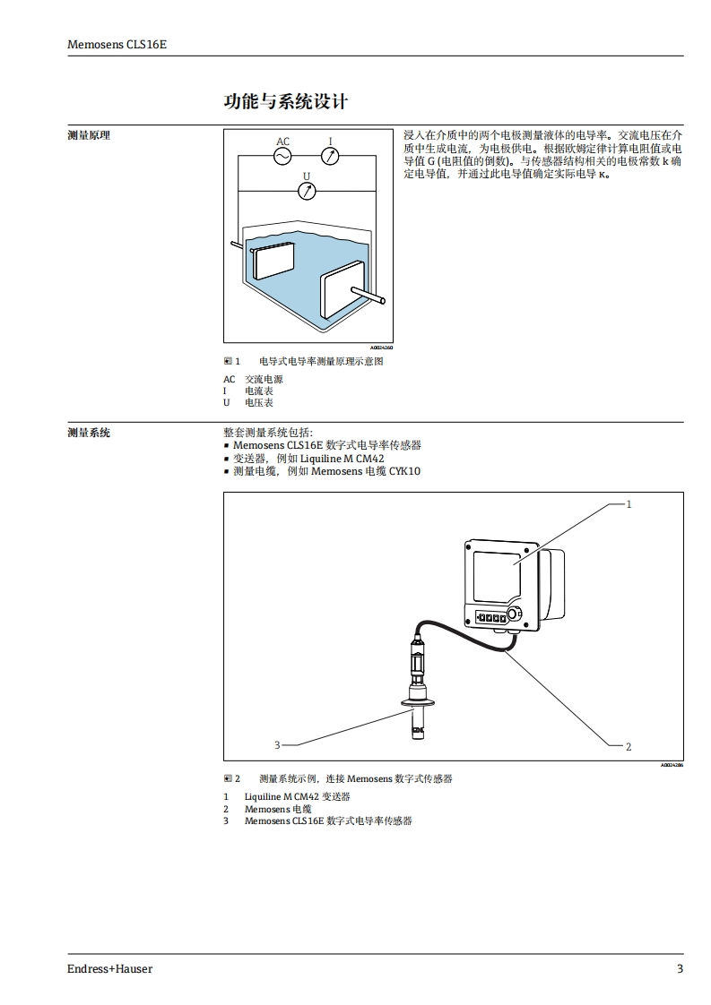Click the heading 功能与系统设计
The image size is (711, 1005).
tap(286, 101)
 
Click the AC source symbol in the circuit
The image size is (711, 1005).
tap(282, 156)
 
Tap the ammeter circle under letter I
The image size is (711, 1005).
tap(331, 156)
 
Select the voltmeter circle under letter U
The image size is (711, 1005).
tap(307, 190)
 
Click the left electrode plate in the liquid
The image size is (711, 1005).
tap(273, 260)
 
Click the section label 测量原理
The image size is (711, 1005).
tap(89, 135)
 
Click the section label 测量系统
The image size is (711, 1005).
tap(89, 433)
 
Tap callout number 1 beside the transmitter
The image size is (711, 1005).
tap(629, 504)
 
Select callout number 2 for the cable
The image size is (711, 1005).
tap(629, 746)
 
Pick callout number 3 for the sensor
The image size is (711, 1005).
tap(277, 744)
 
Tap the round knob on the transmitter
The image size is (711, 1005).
tap(515, 614)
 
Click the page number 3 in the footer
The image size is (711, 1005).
tap(680, 969)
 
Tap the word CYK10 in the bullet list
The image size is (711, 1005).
tap(404, 471)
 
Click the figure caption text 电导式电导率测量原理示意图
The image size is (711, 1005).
tap(321, 361)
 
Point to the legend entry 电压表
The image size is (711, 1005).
tap(259, 403)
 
